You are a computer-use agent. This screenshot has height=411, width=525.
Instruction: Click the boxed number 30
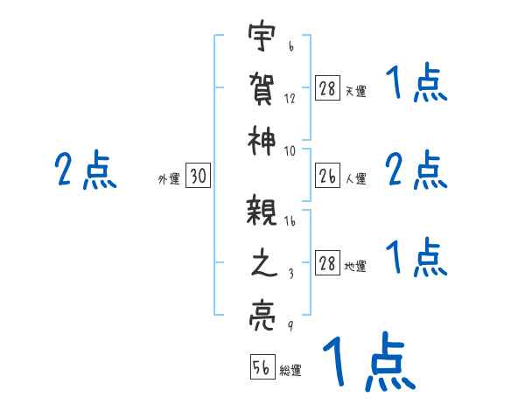pyautogui.click(x=199, y=177)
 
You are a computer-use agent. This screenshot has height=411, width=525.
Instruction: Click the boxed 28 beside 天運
pyautogui.click(x=326, y=89)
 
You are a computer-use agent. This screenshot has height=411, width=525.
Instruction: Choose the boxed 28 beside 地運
pyautogui.click(x=326, y=264)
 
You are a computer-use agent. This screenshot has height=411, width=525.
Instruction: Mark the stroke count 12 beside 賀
pyautogui.click(x=290, y=98)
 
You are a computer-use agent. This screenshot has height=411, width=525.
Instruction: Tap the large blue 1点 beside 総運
pyautogui.click(x=367, y=361)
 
